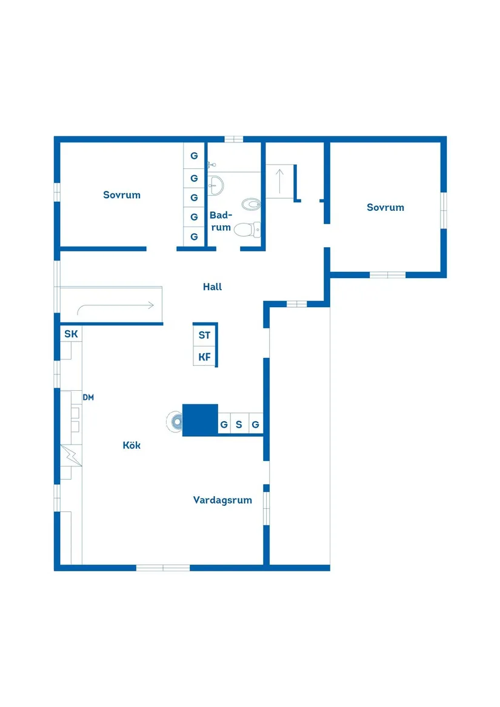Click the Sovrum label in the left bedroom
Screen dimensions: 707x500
pos(122,195)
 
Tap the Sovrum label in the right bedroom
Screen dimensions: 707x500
pos(385,207)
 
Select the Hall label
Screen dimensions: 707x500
pos(212,287)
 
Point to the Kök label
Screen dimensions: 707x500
pos(132,445)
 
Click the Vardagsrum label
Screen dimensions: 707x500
pos(222,500)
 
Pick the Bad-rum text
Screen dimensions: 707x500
pos(221,221)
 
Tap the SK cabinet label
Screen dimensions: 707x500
pos(71,334)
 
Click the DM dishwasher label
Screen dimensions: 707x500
pos(88,397)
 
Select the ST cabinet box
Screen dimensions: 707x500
pos(204,335)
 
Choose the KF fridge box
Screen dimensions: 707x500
pos(204,357)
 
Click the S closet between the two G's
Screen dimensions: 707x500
pos(239,425)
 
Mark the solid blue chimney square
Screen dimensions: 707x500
pos(200,419)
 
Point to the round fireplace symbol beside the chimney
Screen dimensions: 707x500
pos(175,420)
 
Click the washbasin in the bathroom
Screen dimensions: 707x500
pos(216,184)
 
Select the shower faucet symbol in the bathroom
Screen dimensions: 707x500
pos(212,164)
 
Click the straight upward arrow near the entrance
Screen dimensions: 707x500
pos(279,180)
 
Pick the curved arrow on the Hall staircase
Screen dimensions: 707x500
pos(115,306)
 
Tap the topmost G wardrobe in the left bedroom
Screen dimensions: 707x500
pos(194,156)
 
